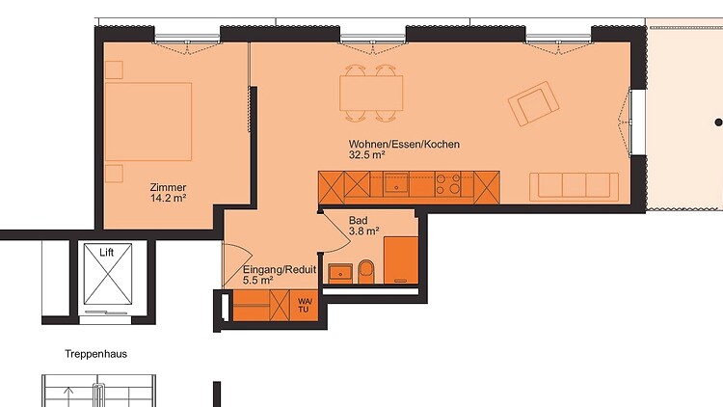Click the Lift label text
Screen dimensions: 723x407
(106, 253)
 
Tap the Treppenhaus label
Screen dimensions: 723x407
(95, 354)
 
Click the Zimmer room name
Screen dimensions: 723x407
(168, 187)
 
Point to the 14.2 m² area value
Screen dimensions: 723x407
(168, 199)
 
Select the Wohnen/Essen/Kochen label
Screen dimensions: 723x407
(404, 144)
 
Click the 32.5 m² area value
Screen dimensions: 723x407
(367, 155)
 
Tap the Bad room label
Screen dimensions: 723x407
(359, 221)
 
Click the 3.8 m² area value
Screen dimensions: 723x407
(363, 231)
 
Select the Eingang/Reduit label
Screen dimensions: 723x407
(280, 269)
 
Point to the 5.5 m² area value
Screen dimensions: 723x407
(257, 280)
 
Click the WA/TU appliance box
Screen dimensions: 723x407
(305, 306)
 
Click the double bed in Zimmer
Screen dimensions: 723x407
(148, 122)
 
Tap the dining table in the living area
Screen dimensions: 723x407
(371, 94)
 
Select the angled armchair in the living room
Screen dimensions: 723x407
(533, 104)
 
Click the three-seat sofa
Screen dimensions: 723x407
(575, 187)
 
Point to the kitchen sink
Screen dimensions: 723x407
(396, 184)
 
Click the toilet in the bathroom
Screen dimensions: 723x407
(367, 272)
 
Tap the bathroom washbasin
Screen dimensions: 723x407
(340, 274)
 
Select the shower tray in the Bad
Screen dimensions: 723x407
(401, 259)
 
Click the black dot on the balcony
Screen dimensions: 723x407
(718, 122)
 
